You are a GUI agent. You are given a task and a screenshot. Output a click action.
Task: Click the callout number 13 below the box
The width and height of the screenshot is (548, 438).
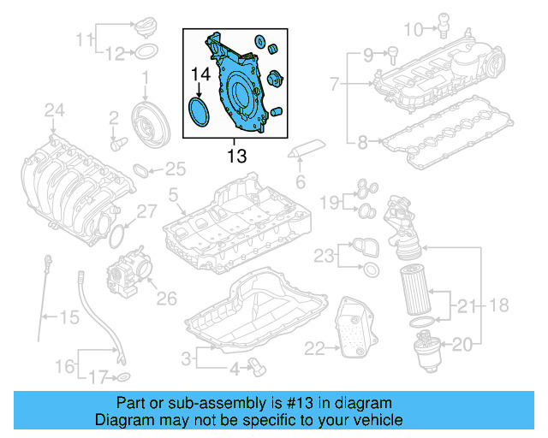coord(236,156)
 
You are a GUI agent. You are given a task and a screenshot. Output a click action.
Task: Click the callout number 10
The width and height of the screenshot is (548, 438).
coord(412,31)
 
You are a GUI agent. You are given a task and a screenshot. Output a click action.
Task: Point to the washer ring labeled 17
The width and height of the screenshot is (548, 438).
coord(123,377)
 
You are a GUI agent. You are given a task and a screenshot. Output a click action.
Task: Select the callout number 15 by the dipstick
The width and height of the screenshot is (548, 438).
coord(68,317)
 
